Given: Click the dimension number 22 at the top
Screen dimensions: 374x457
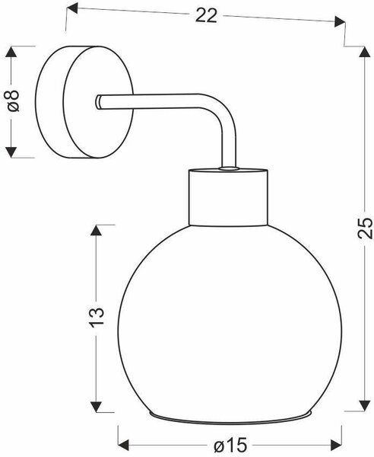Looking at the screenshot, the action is pos(206,15).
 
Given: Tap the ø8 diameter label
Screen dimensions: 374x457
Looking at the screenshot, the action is pos(13,101).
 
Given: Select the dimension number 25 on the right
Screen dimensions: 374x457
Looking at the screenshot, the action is pos(364,228).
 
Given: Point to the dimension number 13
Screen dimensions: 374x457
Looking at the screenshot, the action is pos(97,318).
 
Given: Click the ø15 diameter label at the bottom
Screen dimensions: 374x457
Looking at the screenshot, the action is pos(230,446).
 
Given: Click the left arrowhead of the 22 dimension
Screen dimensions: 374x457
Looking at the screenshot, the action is pos(72,8).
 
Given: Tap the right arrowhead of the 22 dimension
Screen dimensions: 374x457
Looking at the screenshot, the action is pos(340,21).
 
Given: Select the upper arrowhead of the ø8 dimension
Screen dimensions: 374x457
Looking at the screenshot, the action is pos(11,52).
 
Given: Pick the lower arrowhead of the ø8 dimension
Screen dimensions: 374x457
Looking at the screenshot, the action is pos(11,152).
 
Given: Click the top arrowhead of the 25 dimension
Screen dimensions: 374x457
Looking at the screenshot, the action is pos(364,52).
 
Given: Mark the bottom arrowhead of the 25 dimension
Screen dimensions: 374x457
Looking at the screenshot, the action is pos(364,405).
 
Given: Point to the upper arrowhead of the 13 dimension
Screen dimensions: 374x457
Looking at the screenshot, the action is pos(96,230).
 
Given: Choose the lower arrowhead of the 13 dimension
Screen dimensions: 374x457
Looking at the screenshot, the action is pos(96,407).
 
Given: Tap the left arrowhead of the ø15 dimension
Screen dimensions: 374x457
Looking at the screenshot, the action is pos(123,445).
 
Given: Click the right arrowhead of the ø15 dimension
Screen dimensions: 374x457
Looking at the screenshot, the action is pos(336,445).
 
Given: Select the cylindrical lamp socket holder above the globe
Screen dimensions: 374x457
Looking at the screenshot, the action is pos(228,197).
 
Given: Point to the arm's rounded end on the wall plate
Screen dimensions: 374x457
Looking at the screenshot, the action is pos(98,102).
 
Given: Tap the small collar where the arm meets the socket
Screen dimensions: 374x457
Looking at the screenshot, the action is pos(229,168).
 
